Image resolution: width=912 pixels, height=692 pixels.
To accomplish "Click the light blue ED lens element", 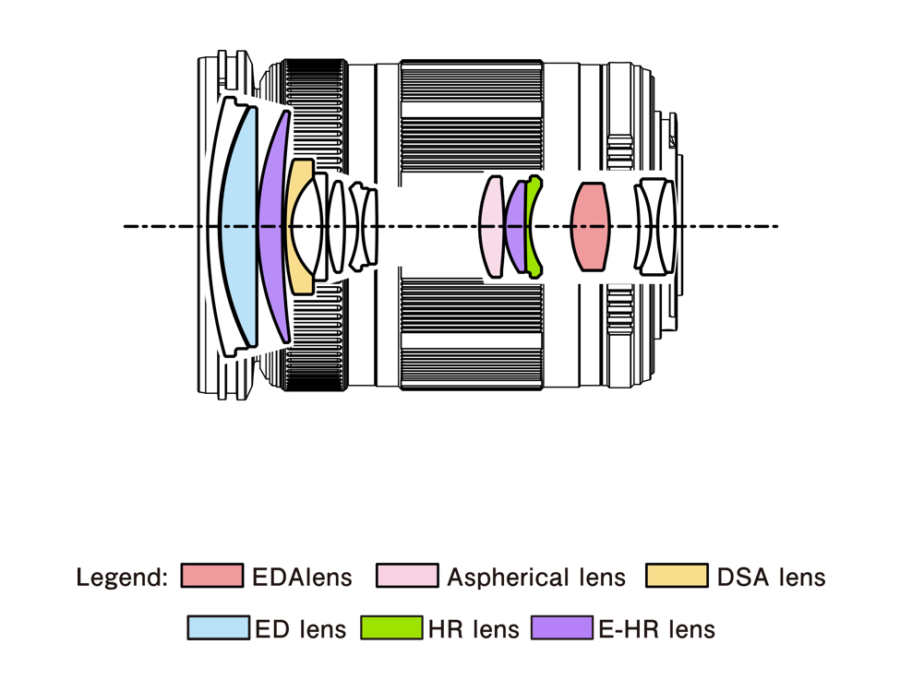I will click(236, 226).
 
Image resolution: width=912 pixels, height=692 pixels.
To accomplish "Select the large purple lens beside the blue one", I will click(271, 226).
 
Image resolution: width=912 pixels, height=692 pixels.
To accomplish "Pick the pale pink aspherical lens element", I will click(492, 226).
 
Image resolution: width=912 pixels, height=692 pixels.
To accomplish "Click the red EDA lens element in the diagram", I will click(590, 226).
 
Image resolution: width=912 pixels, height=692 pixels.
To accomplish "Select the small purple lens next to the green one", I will click(515, 227).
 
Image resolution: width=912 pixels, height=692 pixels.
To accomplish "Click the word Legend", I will click(122, 578).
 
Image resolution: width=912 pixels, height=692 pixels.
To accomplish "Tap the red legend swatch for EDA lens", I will click(211, 577).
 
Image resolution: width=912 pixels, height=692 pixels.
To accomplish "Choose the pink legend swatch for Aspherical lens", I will click(407, 577).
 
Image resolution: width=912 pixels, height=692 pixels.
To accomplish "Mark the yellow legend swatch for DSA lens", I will click(677, 577).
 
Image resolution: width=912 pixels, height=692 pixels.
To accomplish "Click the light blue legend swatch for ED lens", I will click(218, 628).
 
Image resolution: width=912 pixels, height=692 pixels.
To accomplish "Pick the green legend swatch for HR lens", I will click(390, 628).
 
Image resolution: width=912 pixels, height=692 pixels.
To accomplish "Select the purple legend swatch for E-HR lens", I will click(561, 628).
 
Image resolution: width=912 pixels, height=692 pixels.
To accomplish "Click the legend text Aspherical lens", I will click(536, 578).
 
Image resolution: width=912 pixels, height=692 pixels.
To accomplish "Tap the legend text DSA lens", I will click(771, 578).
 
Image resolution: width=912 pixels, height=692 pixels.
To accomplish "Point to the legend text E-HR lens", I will click(656, 629).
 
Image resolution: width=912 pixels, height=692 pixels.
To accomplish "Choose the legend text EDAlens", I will click(303, 578).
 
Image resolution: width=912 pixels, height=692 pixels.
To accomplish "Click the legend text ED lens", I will click(301, 629).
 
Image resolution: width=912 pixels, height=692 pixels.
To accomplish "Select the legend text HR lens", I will click(474, 629).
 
